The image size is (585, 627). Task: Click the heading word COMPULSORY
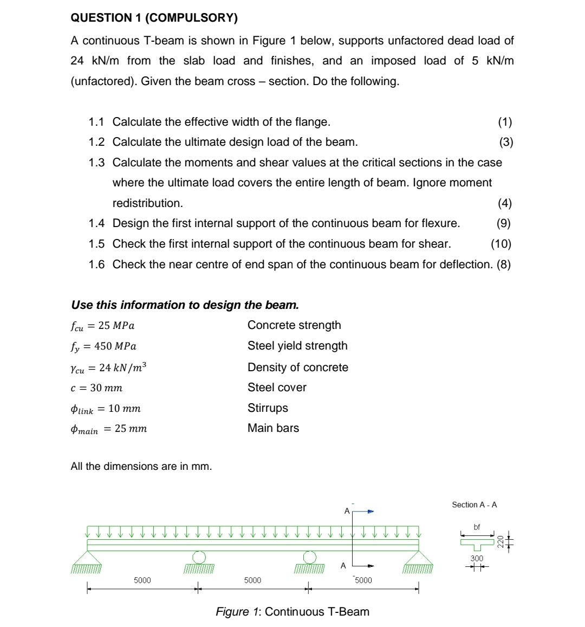[191, 18]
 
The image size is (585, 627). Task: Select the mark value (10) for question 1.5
[500, 244]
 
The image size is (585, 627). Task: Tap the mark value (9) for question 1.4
[503, 223]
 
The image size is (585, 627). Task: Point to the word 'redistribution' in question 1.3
[147, 203]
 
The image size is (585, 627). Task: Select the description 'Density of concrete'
[297, 367]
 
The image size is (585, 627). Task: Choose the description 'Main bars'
[273, 428]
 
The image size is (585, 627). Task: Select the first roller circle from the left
[199, 557]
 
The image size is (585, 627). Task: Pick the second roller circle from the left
[309, 557]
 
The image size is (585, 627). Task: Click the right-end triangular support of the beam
[418, 558]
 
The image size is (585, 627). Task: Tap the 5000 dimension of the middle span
[252, 580]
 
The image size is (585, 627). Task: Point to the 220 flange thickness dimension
[500, 541]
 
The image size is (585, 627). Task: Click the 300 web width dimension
[477, 558]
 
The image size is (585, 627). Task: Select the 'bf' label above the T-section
[477, 527]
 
